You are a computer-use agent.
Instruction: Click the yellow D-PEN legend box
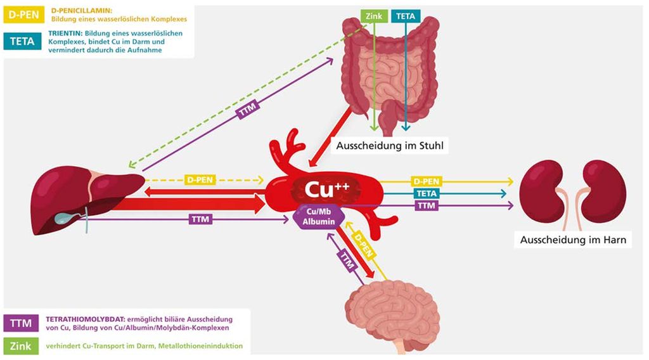click(x=23, y=15)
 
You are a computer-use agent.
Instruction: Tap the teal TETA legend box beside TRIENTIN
click(x=22, y=41)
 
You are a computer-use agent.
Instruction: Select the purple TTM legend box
click(x=21, y=323)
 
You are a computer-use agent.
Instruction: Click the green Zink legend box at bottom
click(x=21, y=346)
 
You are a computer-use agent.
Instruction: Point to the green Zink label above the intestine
click(x=374, y=16)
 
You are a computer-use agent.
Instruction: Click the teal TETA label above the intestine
click(x=406, y=16)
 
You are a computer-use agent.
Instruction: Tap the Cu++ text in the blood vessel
click(x=327, y=189)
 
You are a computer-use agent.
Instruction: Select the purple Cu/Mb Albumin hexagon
click(x=319, y=217)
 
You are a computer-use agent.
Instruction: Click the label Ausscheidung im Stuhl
click(x=390, y=146)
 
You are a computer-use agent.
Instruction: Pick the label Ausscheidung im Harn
click(x=573, y=240)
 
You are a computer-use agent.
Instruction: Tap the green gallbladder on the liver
click(x=66, y=216)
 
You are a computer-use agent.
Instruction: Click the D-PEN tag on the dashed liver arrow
click(x=200, y=180)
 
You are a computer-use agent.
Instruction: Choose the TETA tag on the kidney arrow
click(x=427, y=193)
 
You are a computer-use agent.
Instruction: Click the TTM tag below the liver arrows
click(x=201, y=219)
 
